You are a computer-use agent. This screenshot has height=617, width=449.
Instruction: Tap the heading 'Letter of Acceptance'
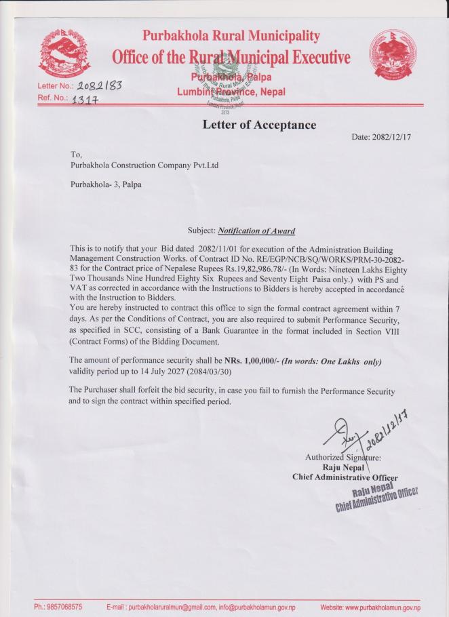click(x=259, y=125)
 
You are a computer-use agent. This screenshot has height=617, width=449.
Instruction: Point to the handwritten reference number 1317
click(x=85, y=100)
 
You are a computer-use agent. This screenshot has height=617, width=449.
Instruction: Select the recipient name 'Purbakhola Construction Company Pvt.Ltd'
click(x=144, y=165)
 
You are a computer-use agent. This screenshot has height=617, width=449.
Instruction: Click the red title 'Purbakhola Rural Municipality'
click(x=231, y=35)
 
